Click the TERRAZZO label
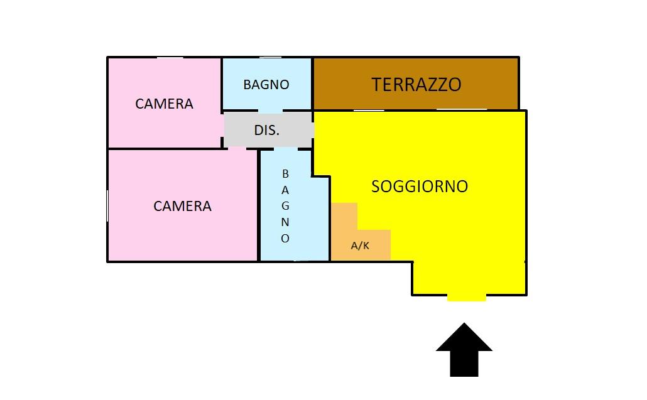(416, 85)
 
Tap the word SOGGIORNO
(420, 186)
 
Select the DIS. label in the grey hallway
(266, 131)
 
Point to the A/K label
(360, 246)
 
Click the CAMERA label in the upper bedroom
(164, 104)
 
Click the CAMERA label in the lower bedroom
(182, 206)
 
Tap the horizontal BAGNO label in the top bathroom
(266, 85)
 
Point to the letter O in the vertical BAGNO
(285, 238)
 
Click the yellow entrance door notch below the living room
(466, 298)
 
